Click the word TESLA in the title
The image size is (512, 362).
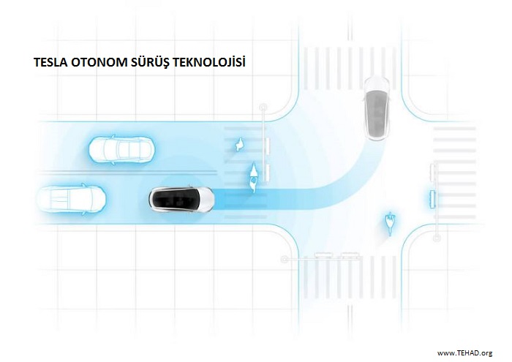coord(49,62)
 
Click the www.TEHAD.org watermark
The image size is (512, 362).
coord(464,352)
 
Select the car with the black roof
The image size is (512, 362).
coord(181,200)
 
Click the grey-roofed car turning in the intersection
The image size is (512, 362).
coord(377,108)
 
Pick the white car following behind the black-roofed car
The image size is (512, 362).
coord(71,199)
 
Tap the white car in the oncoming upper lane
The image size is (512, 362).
coord(122,149)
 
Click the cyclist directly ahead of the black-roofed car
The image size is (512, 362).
coord(253,176)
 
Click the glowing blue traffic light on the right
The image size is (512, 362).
coord(433,198)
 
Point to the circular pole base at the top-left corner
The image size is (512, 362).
coord(263,107)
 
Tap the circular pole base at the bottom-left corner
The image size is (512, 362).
coord(285,260)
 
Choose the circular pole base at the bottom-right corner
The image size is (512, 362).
coord(436,238)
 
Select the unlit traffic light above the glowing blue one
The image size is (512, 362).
coord(434,172)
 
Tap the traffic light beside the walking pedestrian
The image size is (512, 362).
coord(268,146)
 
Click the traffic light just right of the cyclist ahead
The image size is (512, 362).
coord(268,173)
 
